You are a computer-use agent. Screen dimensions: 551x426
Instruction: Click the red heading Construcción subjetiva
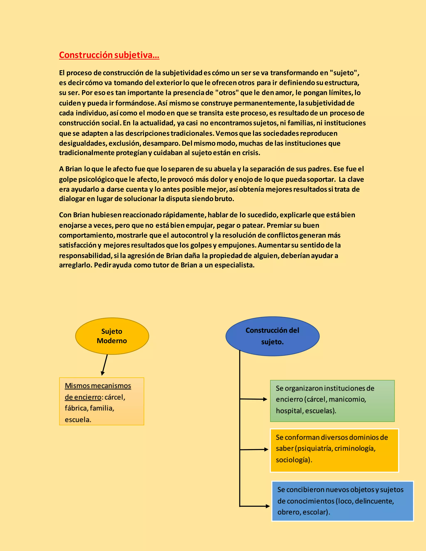(109, 55)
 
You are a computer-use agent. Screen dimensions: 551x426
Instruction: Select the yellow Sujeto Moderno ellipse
(112, 336)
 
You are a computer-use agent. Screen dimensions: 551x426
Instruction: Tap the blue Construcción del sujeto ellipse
(272, 336)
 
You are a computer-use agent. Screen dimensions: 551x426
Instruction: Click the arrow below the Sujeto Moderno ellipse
(104, 365)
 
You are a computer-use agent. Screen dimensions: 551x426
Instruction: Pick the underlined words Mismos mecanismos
(98, 386)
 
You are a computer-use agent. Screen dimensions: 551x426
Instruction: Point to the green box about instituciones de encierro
(332, 401)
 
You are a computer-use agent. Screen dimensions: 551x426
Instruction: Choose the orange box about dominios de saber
(334, 450)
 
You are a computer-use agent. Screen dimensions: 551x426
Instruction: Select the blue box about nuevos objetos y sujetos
(342, 501)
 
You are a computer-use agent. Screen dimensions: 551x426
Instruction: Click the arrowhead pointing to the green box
(265, 399)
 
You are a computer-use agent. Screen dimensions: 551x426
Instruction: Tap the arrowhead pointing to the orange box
(266, 449)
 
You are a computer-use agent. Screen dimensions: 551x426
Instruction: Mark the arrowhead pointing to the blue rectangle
(268, 506)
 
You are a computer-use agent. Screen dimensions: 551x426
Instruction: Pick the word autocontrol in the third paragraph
(189, 235)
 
